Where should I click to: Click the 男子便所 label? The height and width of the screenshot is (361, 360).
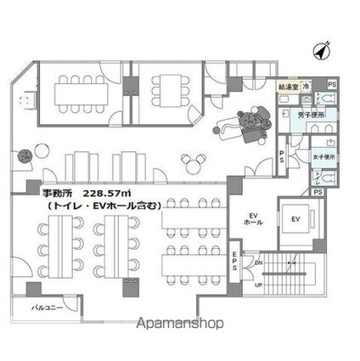coord(309,114)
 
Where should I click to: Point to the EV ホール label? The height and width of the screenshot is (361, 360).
coord(252,217)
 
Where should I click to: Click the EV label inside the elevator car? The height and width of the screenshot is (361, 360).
coord(296,220)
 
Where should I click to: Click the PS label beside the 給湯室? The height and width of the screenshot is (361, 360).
coord(331,85)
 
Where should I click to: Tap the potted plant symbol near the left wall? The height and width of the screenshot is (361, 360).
coord(25,155)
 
